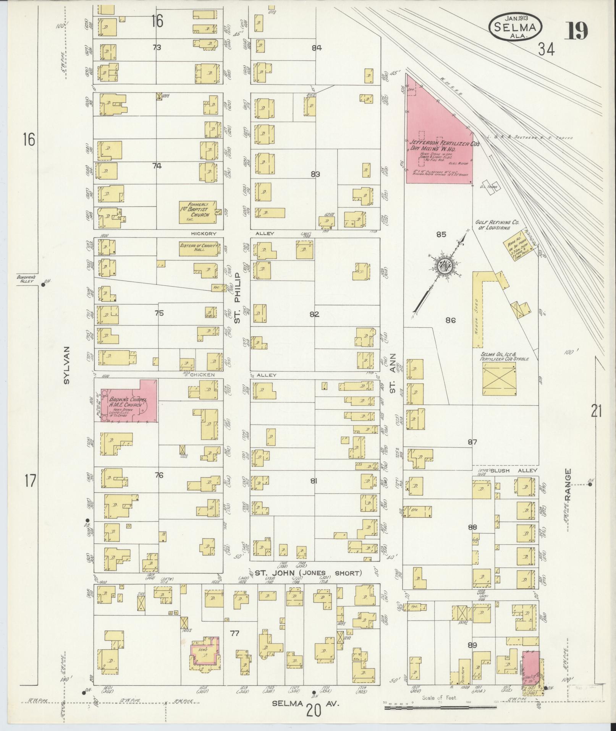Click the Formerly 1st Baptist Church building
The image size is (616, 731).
(197, 212)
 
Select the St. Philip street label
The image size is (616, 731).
(237, 298)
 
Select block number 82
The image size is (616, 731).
(314, 314)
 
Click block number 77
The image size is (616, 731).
(234, 634)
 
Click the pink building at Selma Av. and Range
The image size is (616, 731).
(531, 669)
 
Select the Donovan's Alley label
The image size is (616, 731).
(26, 279)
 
